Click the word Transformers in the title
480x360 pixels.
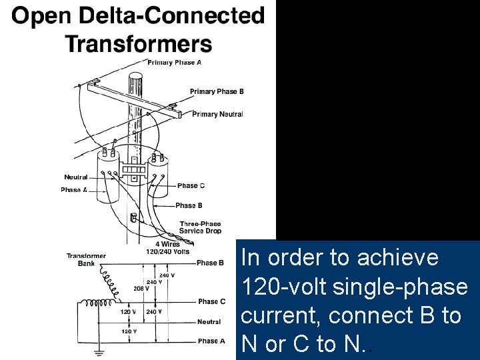point(138,44)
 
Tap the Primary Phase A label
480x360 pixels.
point(175,63)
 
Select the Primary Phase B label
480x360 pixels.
point(217,91)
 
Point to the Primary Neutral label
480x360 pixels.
point(217,114)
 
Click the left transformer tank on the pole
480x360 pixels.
point(109,175)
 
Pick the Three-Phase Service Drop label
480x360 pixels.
point(200,227)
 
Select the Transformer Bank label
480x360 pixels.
point(86,259)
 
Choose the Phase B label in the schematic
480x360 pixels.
point(210,263)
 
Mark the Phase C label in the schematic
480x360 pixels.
point(211,301)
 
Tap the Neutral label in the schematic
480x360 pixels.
point(209,321)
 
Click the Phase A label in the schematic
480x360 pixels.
point(211,341)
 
